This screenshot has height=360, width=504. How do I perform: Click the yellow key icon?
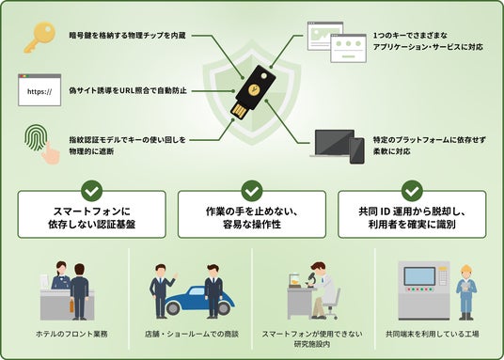pos(39,37)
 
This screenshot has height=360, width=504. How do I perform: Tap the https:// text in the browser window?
pos(39,92)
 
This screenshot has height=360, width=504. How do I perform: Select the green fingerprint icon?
pos(36,137)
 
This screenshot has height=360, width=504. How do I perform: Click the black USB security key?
pos(253,92)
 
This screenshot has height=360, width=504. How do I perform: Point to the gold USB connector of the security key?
pos(239,111)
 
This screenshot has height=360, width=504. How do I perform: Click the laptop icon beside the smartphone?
pos(332,144)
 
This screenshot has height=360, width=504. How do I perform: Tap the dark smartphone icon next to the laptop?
pos(356,150)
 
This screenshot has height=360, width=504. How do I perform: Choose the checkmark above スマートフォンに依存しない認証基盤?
pos(91,191)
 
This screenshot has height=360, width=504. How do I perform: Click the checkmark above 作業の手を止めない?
pos(252,191)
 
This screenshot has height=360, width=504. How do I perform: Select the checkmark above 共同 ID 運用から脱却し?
pos(412,191)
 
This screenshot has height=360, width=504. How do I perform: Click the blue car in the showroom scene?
pos(199,301)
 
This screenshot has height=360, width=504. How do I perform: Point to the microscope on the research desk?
pos(310,279)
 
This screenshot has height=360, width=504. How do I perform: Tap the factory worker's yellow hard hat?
pos(465,269)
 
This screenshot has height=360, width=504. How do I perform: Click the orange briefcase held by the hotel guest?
pos(71,306)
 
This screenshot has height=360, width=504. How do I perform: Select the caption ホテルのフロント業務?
pos(71,334)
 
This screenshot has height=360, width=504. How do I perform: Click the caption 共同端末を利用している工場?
pos(433,334)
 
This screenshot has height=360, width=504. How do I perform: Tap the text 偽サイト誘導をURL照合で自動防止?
pos(128,91)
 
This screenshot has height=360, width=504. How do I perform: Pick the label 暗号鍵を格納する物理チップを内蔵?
pos(127,36)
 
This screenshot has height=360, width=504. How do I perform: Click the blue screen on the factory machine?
pos(419,276)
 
